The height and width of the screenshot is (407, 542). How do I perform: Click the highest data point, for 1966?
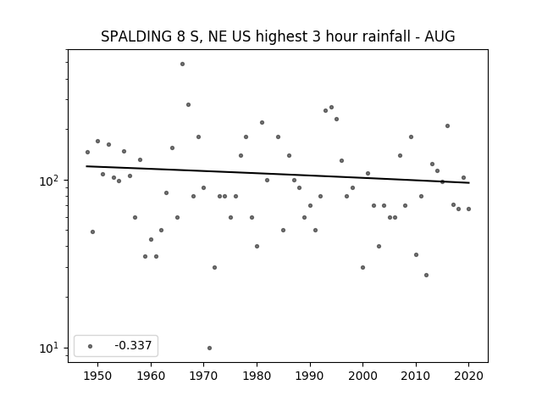(183, 64)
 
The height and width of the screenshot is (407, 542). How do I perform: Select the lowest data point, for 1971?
(209, 348)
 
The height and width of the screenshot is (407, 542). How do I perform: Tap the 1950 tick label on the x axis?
(98, 376)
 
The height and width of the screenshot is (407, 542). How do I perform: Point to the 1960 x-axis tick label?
(151, 376)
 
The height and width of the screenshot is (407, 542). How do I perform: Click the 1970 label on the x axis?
(204, 376)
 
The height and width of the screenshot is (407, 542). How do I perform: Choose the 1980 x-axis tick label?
(257, 376)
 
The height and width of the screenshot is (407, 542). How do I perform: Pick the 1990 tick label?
(310, 376)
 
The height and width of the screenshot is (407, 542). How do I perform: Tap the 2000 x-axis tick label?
(363, 376)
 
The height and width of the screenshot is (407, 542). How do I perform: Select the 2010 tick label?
(416, 376)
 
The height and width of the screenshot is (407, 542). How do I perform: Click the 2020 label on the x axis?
(468, 376)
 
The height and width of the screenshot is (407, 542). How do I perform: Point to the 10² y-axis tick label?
(51, 181)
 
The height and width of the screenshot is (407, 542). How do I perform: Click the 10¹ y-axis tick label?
(51, 348)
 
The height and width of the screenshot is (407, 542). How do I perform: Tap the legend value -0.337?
(133, 345)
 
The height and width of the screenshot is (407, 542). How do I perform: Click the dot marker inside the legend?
(91, 346)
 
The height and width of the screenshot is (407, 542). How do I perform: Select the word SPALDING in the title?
(136, 36)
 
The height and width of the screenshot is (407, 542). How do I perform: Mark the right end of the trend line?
(469, 183)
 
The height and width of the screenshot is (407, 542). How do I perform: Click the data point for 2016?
(448, 126)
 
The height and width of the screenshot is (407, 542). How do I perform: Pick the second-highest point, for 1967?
(188, 105)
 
